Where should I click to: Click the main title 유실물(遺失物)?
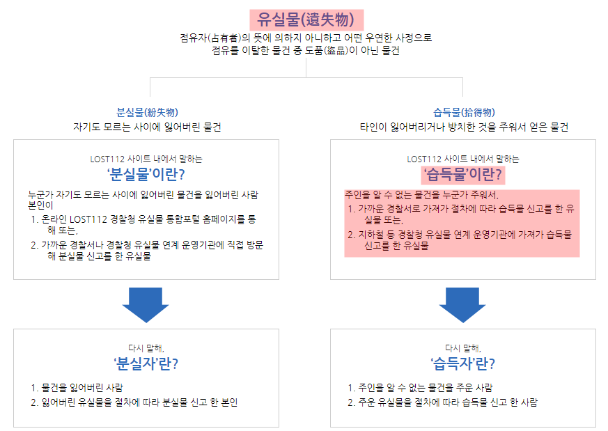click(x=306, y=19)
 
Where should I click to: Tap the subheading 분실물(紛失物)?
click(x=146, y=112)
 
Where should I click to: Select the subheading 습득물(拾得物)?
click(x=464, y=112)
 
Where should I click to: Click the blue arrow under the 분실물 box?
click(x=146, y=304)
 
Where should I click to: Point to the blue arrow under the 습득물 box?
click(x=463, y=304)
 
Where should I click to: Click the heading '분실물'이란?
click(x=146, y=173)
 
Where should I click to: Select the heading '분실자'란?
click(x=146, y=363)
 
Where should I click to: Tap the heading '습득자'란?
click(x=463, y=363)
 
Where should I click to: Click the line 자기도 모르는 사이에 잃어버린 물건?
click(x=147, y=127)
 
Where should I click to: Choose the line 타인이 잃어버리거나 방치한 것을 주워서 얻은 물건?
click(x=464, y=127)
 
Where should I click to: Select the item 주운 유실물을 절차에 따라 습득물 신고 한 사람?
click(x=446, y=402)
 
